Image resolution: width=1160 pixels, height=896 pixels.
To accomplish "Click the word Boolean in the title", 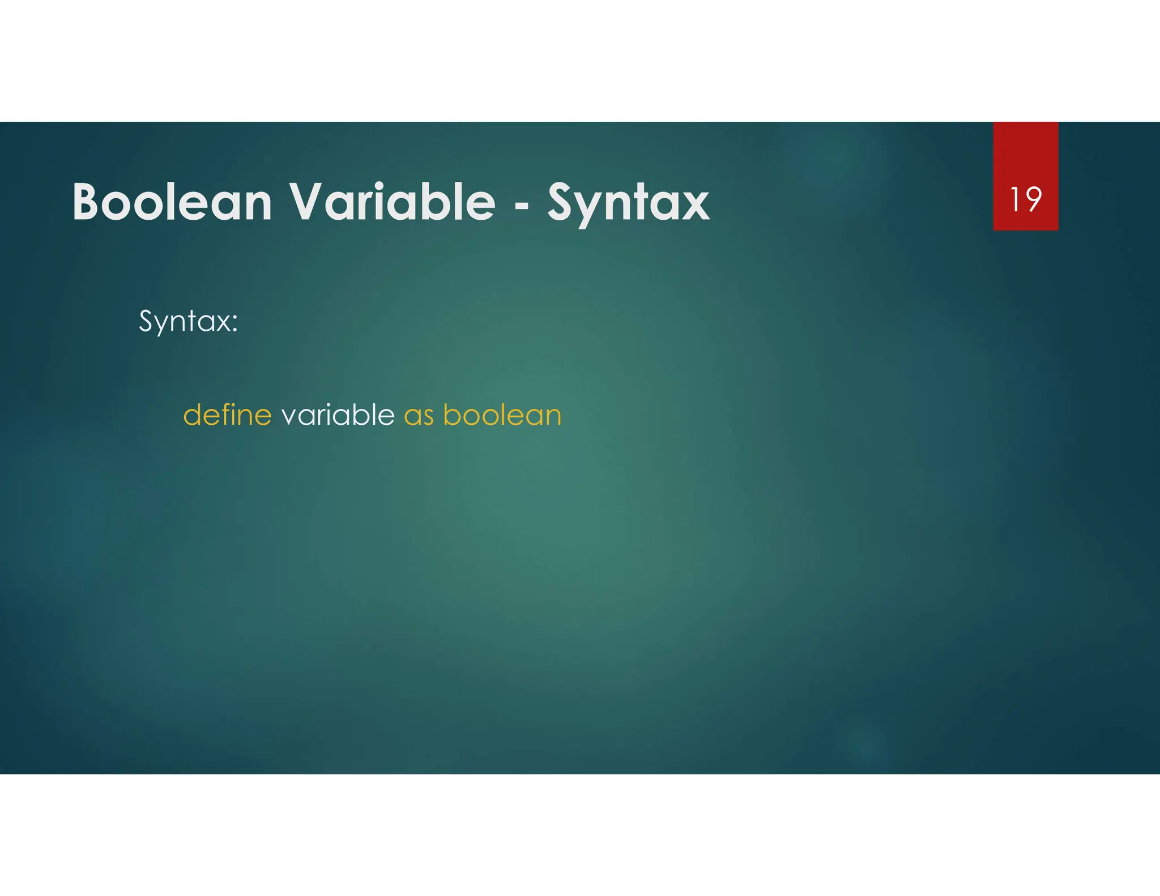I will pyautogui.click(x=172, y=202).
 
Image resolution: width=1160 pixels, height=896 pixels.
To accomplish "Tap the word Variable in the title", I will pyautogui.click(x=393, y=202).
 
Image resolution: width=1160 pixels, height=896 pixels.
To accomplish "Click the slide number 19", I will pyautogui.click(x=1025, y=199).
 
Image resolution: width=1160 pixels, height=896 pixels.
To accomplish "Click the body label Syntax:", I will pyautogui.click(x=188, y=322).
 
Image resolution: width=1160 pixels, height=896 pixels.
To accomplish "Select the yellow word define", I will pyautogui.click(x=227, y=415).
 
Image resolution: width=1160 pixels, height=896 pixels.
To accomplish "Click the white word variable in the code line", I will pyautogui.click(x=338, y=415).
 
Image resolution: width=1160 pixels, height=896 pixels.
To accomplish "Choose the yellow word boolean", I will pyautogui.click(x=502, y=415).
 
